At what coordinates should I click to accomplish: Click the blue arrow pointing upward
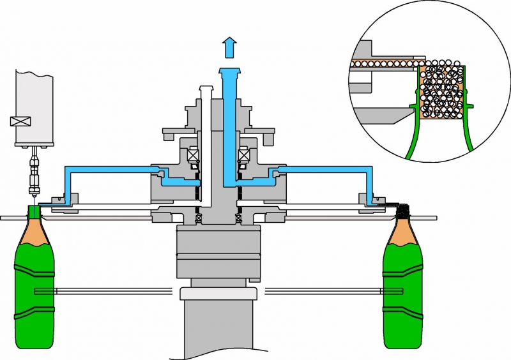[229, 47]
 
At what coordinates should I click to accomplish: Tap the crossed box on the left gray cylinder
[18, 122]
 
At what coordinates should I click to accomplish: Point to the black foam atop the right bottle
[402, 210]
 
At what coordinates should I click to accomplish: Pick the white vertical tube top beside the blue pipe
[205, 90]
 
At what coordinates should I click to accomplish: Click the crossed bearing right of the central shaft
[243, 155]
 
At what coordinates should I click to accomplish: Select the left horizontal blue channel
[109, 169]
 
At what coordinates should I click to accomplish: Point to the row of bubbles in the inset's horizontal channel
[383, 64]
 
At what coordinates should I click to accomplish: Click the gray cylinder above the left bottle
[34, 102]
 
